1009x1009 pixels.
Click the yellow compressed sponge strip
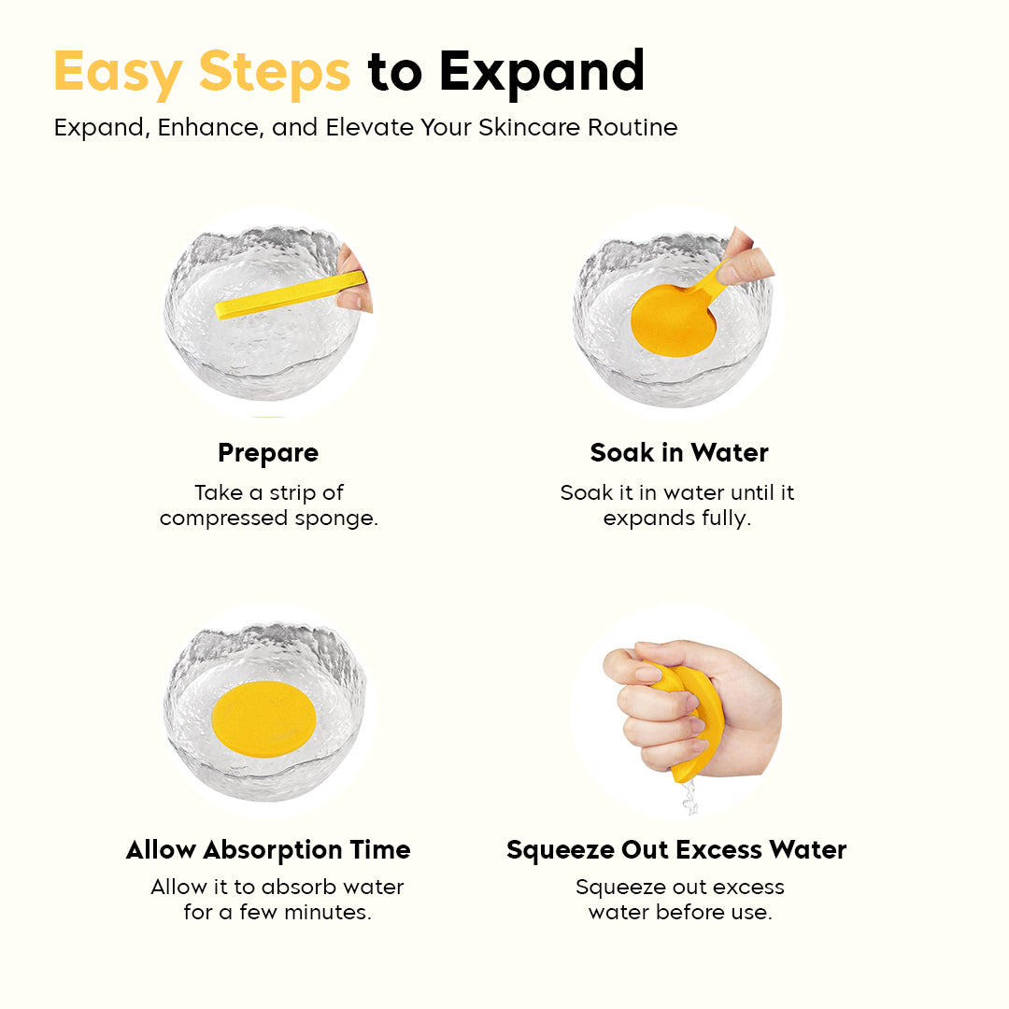291,294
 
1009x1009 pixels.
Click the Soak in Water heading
679,452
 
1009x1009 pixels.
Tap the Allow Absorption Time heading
268,850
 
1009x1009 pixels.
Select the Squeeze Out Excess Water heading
676,850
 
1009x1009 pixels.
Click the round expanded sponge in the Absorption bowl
263,718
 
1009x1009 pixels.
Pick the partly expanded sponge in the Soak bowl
675,320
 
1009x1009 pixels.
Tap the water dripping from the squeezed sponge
689,799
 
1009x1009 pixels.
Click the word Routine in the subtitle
632,127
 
